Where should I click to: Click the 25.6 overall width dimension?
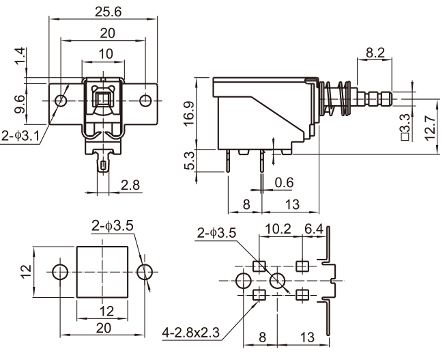coord(105,12)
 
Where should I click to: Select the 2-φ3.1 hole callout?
coord(20,137)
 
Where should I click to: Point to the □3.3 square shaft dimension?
coord(405,127)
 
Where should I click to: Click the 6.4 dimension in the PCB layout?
coord(315,230)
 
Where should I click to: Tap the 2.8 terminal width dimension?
coord(130,184)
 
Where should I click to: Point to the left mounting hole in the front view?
coord(61,101)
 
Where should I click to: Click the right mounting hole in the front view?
coord(146,101)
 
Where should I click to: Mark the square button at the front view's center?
coord(104,101)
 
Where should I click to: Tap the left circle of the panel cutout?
coord(60,272)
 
